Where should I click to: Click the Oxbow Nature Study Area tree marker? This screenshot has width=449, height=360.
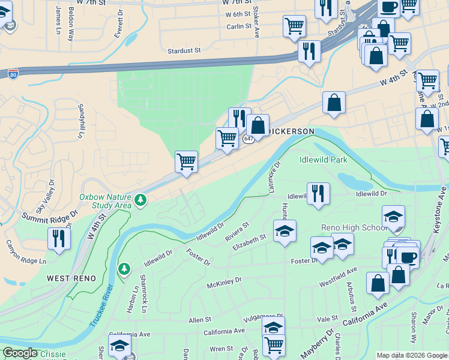click(x=140, y=199)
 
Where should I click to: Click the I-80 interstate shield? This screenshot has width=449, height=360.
click(x=13, y=73)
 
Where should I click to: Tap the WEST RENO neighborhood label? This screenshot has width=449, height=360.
click(x=66, y=279)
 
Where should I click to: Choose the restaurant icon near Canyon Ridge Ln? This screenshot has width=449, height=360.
click(x=58, y=237)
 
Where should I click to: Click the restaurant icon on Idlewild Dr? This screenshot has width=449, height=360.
click(x=318, y=193)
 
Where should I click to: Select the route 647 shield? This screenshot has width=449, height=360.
click(x=249, y=139)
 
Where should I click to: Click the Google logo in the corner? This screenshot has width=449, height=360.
click(x=20, y=353)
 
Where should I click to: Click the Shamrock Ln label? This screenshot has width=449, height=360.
click(x=144, y=302)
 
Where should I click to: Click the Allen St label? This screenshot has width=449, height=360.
click(x=200, y=321)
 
